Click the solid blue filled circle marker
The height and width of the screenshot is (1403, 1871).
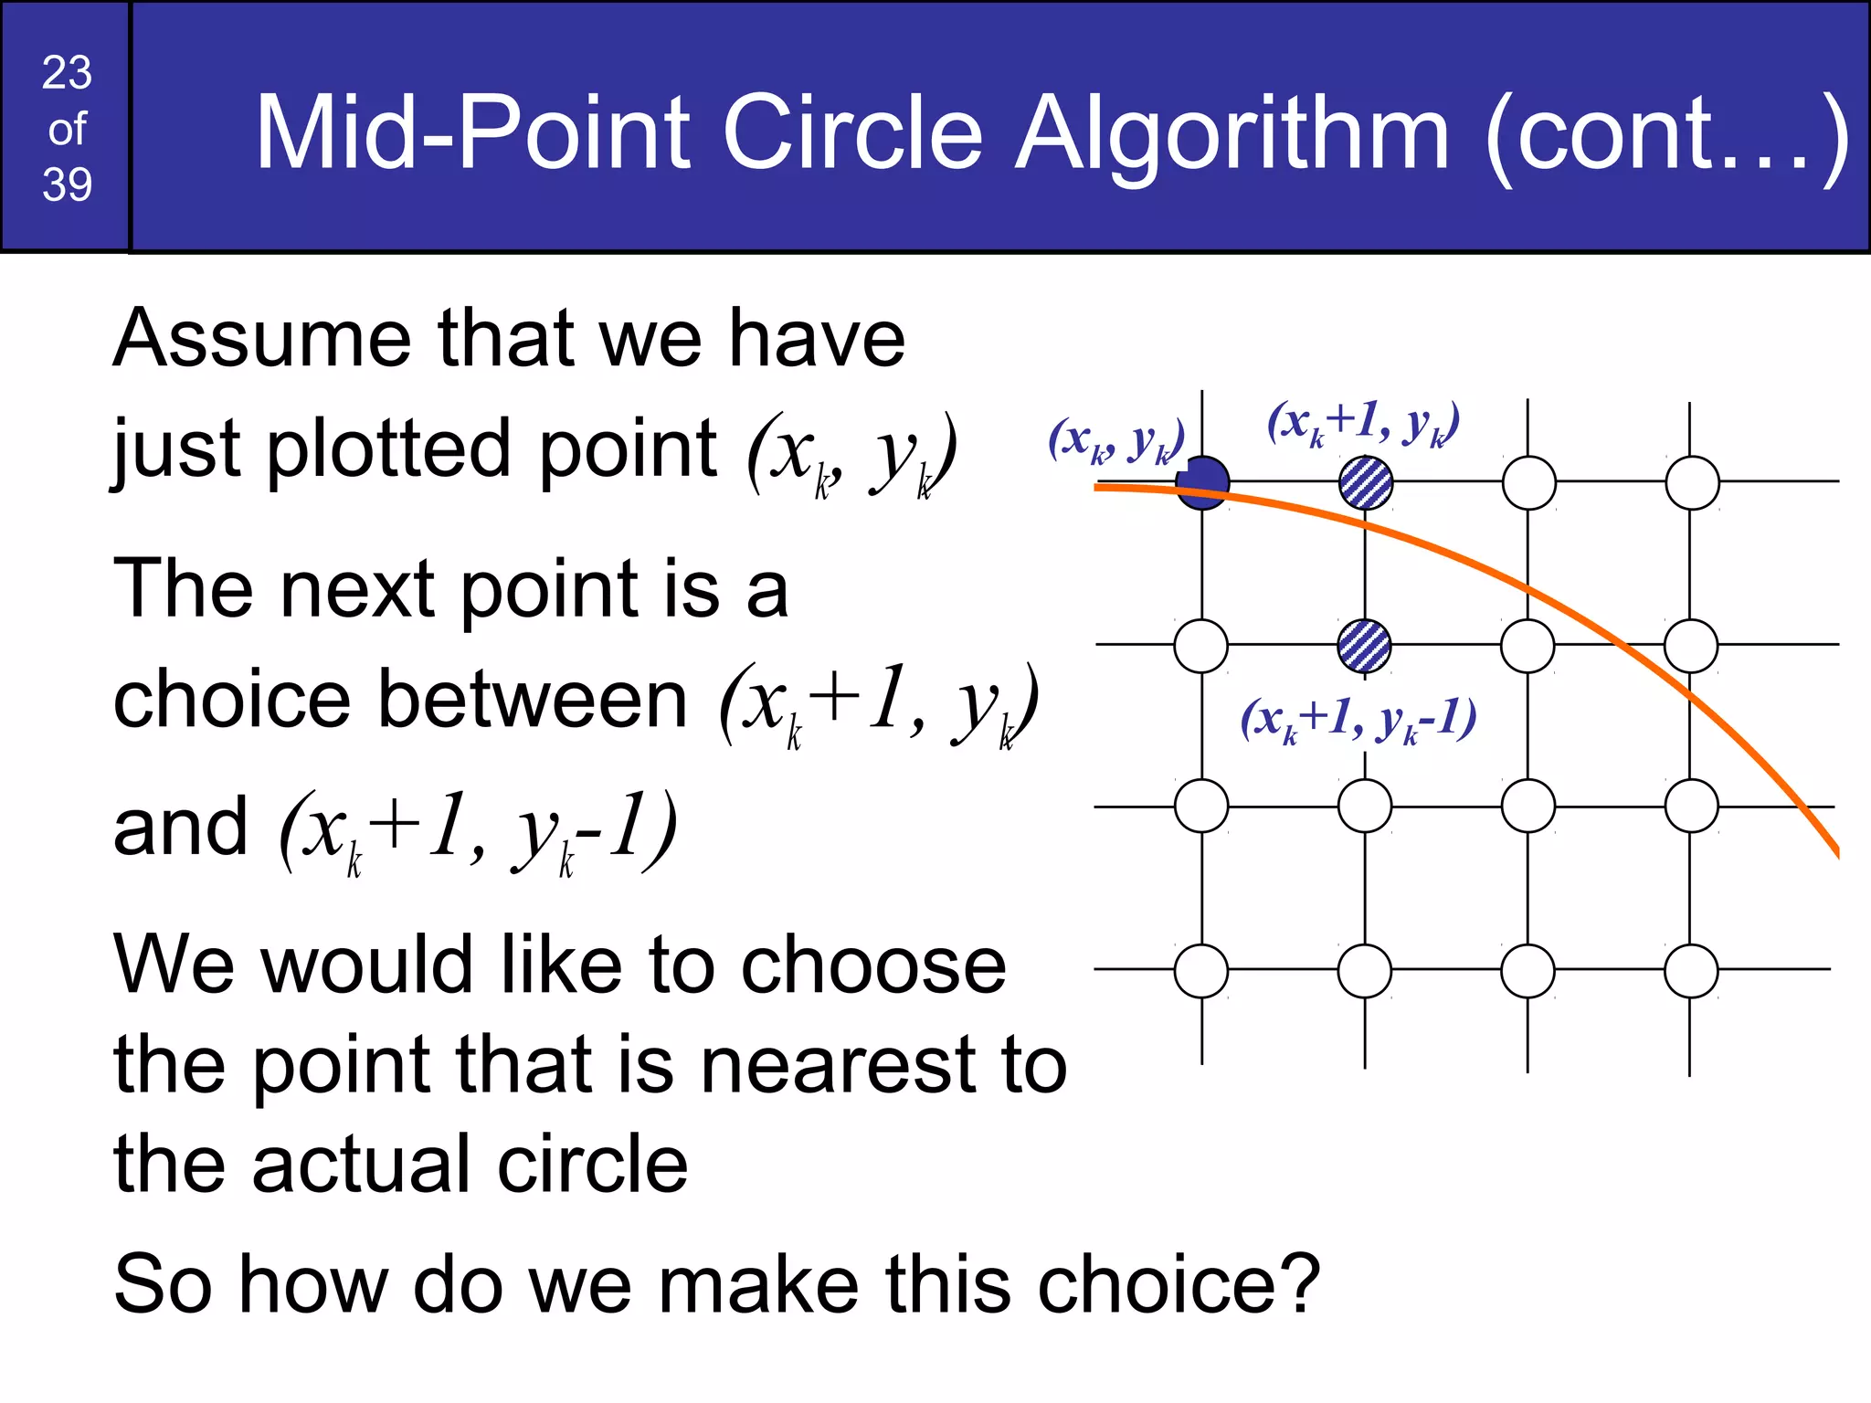click(1202, 482)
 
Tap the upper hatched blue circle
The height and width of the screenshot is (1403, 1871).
click(1366, 483)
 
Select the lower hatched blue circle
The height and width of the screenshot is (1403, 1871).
click(1364, 646)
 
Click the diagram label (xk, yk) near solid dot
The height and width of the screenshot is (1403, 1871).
click(1115, 441)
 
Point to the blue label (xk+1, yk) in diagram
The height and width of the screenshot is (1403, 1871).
click(1363, 424)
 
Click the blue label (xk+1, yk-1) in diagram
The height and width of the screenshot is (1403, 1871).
click(1358, 720)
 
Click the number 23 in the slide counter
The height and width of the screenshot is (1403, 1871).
click(67, 73)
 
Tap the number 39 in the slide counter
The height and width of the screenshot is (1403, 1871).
click(67, 185)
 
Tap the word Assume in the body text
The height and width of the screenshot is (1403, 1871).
click(261, 339)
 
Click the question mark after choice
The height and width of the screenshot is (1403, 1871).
click(1300, 1282)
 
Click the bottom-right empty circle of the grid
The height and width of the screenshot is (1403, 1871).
click(1691, 971)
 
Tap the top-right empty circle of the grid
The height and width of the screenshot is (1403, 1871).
click(1692, 483)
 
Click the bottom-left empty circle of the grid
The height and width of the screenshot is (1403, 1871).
click(1201, 971)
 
